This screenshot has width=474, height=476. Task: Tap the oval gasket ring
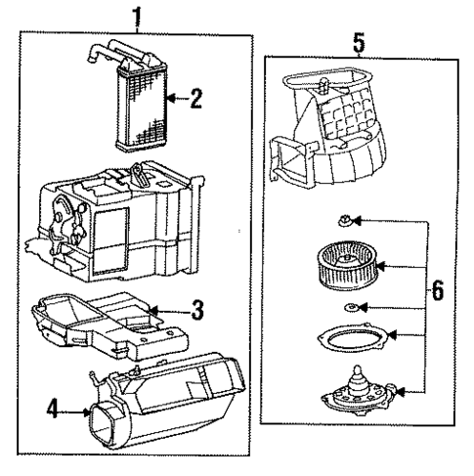(348, 339)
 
